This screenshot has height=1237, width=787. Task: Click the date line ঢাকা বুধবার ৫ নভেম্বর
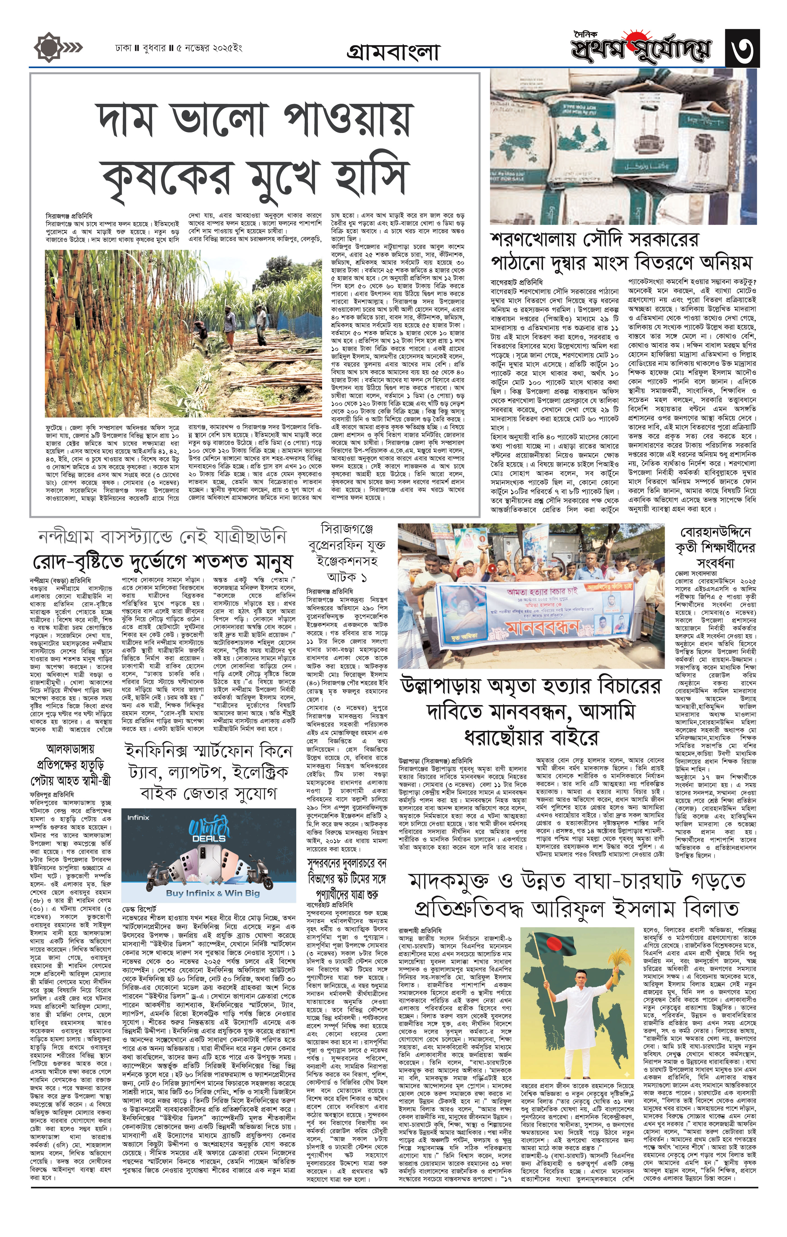pos(178,49)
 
